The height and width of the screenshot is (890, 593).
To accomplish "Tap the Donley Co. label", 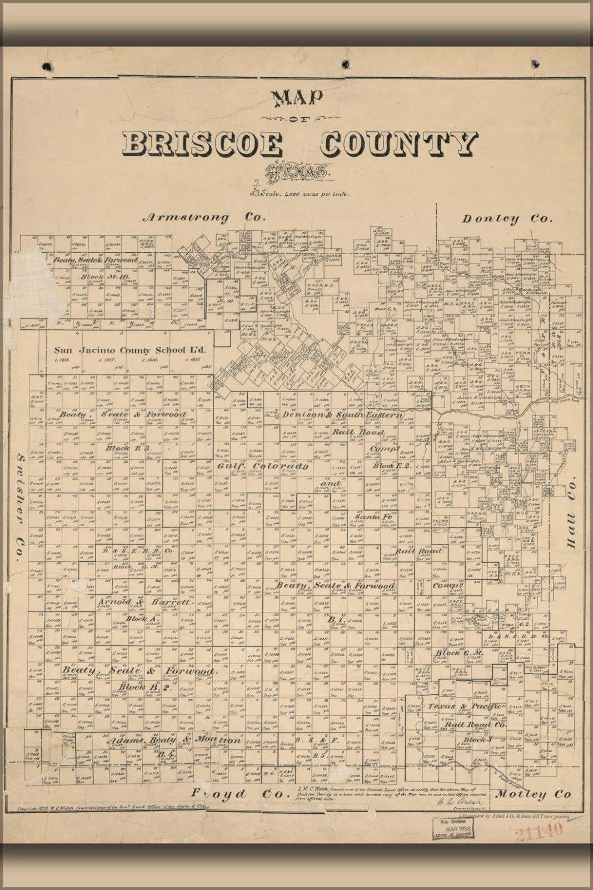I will pyautogui.click(x=507, y=219).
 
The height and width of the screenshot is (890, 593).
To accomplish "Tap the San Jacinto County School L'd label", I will pyautogui.click(x=130, y=350).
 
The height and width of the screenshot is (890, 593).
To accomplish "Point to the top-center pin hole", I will pyautogui.click(x=346, y=62).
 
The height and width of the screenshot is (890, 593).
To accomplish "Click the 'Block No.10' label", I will pyautogui.click(x=104, y=276).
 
